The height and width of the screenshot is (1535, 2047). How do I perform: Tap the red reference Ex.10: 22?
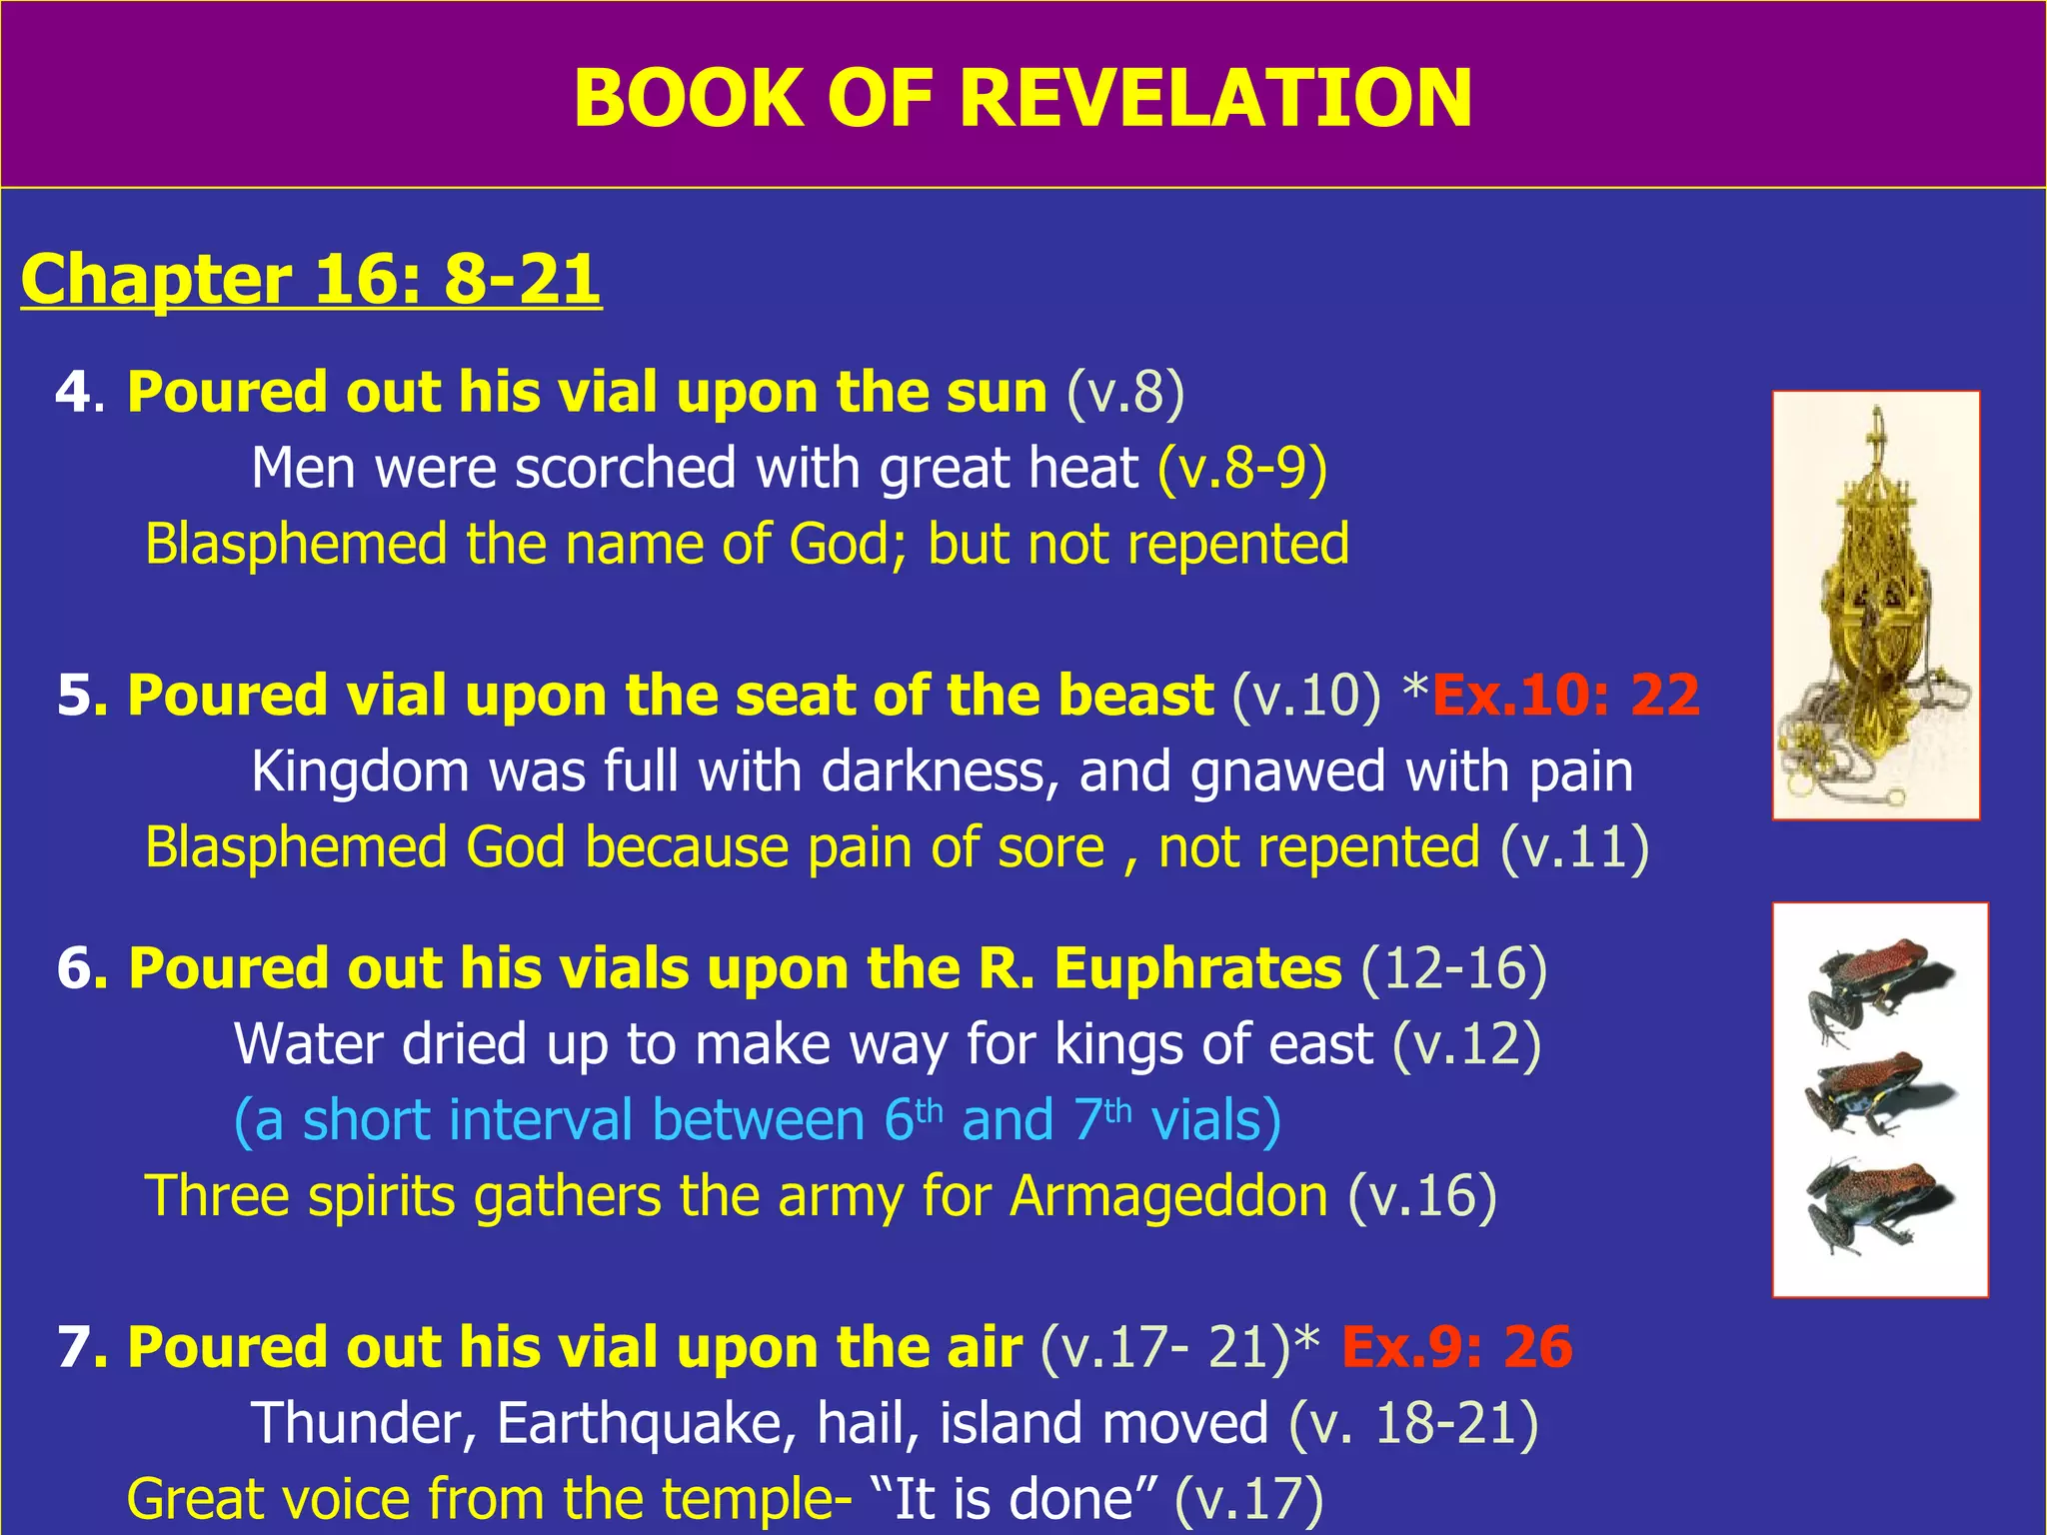[1565, 695]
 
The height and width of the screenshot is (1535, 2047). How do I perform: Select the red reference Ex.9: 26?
[1456, 1346]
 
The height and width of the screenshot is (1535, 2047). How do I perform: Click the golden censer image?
[1875, 605]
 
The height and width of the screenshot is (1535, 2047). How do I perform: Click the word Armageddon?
[1168, 1196]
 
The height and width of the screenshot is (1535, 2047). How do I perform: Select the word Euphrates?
[1197, 968]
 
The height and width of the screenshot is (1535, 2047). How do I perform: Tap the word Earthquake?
[647, 1423]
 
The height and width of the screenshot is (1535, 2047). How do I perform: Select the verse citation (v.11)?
[1574, 847]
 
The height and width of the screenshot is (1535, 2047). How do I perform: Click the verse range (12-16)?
[1454, 968]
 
